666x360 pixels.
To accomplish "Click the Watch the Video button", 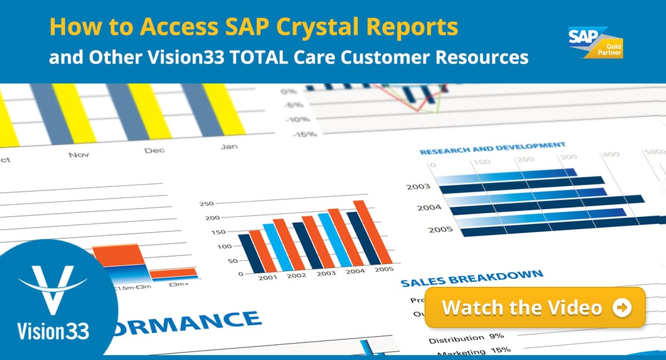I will coord(535,308).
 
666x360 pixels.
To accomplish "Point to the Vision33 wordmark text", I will coord(54,330).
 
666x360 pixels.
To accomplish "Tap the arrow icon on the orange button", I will coord(622,308).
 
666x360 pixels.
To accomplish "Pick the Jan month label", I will coord(229,147).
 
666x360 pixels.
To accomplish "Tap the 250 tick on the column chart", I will coord(207,204).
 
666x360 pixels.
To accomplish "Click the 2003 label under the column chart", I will coord(326,273).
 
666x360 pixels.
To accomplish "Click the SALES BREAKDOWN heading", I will coord(472,278).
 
